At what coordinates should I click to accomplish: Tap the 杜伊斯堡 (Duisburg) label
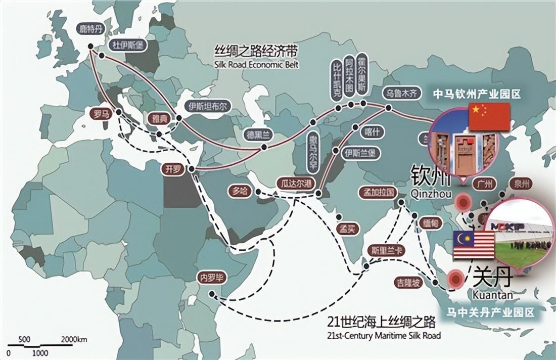[126, 46]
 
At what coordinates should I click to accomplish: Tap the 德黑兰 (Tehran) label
[257, 135]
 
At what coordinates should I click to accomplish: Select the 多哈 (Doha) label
[240, 191]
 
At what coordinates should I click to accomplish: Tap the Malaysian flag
[474, 244]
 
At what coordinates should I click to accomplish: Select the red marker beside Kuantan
[456, 279]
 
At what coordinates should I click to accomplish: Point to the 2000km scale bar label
[74, 339]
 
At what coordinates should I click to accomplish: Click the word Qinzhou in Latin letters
[432, 193]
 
